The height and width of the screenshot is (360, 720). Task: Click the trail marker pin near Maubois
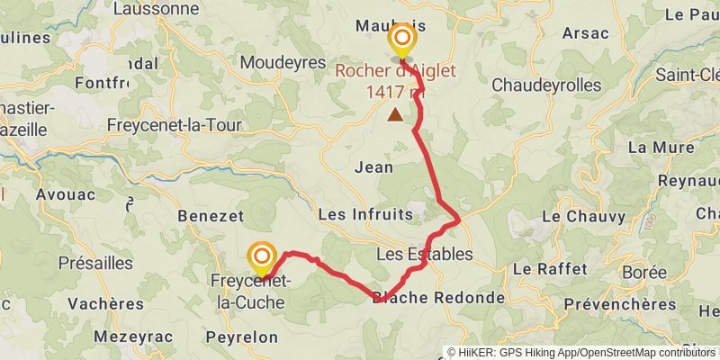tap(401, 40)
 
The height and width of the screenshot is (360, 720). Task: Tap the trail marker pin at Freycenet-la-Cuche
tap(262, 258)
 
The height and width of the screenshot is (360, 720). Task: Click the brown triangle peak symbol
tap(395, 114)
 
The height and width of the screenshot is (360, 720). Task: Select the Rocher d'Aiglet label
tap(396, 72)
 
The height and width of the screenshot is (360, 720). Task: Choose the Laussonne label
tap(162, 9)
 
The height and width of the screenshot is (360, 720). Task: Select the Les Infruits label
tap(365, 215)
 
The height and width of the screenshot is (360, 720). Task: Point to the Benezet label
tap(211, 217)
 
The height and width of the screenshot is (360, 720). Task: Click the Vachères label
tap(105, 303)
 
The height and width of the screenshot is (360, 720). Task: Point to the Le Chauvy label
tap(576, 217)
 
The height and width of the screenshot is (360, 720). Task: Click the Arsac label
tap(585, 33)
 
